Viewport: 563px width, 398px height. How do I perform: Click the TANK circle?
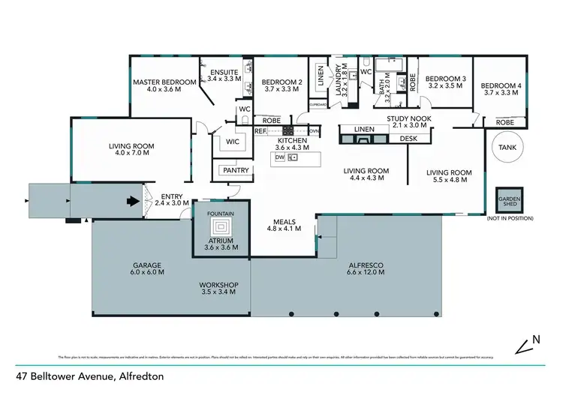[x=507, y=148]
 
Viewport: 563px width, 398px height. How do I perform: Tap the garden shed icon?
[x=508, y=201]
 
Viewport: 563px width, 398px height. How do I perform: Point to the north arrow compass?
[x=527, y=344]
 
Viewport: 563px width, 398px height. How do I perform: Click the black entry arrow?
[x=132, y=201]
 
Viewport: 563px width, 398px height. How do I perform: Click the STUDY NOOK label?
[x=409, y=118]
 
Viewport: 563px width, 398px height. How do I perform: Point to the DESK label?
[x=408, y=138]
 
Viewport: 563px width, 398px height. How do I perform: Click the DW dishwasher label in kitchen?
[x=279, y=157]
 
